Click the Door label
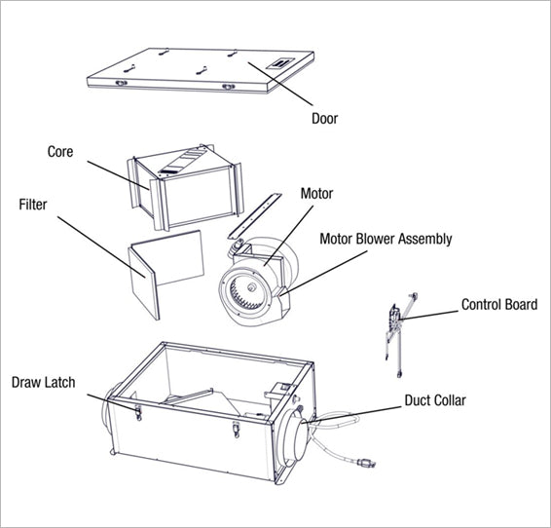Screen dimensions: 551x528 tap(325, 119)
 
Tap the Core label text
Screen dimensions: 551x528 tap(60, 152)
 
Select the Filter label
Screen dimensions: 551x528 tap(33, 205)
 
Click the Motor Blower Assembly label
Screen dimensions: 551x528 tap(386, 239)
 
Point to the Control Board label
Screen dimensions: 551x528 tap(499, 304)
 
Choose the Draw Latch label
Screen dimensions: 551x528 tap(43, 382)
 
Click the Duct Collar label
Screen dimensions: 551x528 tap(435, 400)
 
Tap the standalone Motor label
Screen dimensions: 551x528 tap(316, 193)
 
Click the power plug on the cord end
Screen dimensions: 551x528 tap(366, 464)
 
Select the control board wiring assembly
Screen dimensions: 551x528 tap(400, 334)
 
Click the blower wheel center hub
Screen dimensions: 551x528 tap(251, 287)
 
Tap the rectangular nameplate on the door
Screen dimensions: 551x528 tap(280, 63)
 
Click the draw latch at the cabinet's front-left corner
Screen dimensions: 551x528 tap(138, 412)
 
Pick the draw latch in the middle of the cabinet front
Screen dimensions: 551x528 tap(236, 430)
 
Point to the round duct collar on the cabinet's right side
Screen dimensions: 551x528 tap(294, 438)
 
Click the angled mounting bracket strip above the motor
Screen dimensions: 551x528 tap(255, 216)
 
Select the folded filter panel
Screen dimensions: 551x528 tap(165, 273)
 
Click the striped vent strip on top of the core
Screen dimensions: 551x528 tap(181, 161)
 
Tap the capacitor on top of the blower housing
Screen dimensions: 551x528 tap(237, 245)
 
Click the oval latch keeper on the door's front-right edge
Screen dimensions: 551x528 tap(229, 86)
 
